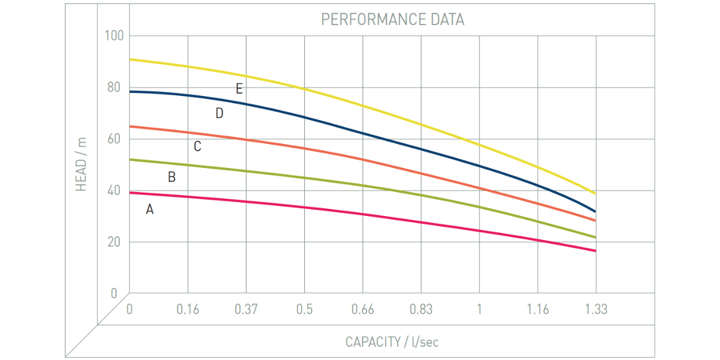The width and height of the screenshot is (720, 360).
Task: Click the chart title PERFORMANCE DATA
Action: click(392, 19)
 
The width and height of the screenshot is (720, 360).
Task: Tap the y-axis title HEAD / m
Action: click(82, 164)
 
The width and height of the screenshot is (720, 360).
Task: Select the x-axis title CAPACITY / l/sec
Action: click(392, 342)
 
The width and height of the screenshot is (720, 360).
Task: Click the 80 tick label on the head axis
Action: click(114, 87)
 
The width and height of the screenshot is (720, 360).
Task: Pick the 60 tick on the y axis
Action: click(114, 139)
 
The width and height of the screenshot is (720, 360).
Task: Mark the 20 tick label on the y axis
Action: click(114, 242)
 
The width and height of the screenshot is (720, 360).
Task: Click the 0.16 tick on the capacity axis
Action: click(188, 310)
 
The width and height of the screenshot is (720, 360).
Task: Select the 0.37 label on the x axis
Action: click(246, 310)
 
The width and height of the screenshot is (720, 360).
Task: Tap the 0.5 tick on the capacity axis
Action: click(304, 310)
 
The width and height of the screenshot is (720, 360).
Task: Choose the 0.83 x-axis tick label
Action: click(421, 310)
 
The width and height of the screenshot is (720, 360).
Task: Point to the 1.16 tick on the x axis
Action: click(538, 310)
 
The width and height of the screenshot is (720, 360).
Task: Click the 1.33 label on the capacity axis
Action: click(596, 310)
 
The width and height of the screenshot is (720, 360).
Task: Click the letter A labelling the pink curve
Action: click(150, 209)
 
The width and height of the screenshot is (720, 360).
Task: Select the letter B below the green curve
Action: click(172, 177)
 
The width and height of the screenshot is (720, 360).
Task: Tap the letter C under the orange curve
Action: click(197, 146)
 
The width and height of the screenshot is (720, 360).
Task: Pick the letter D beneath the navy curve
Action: click(219, 113)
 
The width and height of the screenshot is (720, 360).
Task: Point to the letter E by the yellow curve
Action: click(239, 89)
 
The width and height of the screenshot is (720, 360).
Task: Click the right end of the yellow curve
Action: click(594, 193)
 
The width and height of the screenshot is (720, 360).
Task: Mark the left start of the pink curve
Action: click(131, 193)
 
